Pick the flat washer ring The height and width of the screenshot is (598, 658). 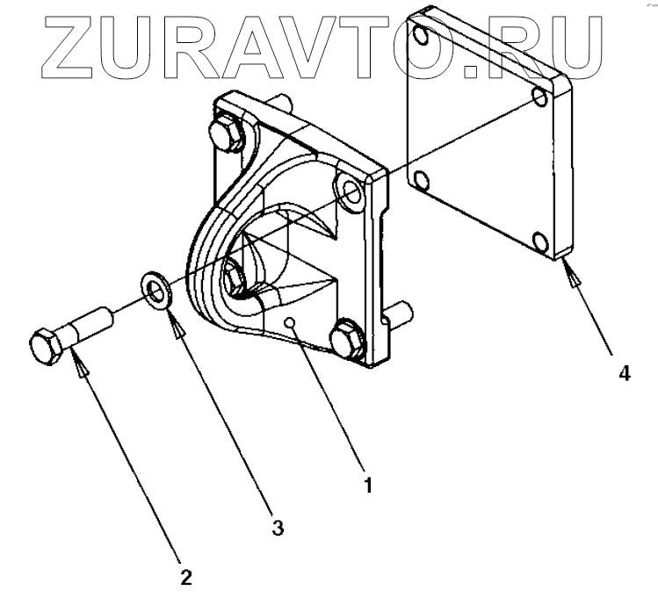point(157,291)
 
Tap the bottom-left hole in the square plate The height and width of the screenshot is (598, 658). point(422,181)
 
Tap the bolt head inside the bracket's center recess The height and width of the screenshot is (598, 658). point(234,276)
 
